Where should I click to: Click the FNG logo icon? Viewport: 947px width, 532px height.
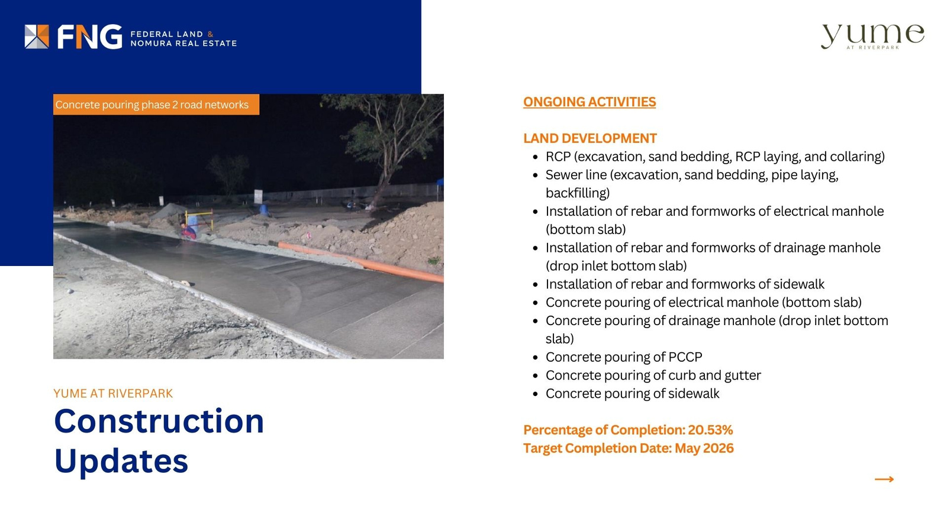[37, 37]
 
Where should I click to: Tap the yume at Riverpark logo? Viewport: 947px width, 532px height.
[872, 37]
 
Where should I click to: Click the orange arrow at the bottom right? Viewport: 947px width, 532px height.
[884, 479]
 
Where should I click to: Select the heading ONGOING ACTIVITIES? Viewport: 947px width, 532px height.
[590, 102]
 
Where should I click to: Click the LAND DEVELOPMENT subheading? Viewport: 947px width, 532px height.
[590, 138]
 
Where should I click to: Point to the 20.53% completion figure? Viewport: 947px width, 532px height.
[710, 430]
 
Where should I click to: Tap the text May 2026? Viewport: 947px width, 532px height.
[704, 448]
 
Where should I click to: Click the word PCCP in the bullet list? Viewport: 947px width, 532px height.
[685, 357]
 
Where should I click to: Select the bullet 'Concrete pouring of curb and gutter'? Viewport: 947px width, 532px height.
[653, 375]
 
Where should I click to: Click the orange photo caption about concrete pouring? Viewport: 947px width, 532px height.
[156, 104]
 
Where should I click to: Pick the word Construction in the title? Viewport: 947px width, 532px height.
[159, 421]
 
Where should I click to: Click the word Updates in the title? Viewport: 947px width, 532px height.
[121, 461]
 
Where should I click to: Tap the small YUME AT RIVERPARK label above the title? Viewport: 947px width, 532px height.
[113, 394]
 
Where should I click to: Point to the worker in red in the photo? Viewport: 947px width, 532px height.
[188, 231]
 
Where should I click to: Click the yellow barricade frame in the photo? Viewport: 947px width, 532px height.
[199, 219]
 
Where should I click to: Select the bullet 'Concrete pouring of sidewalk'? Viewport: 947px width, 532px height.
[633, 394]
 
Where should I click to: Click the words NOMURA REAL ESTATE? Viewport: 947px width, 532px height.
[183, 43]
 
